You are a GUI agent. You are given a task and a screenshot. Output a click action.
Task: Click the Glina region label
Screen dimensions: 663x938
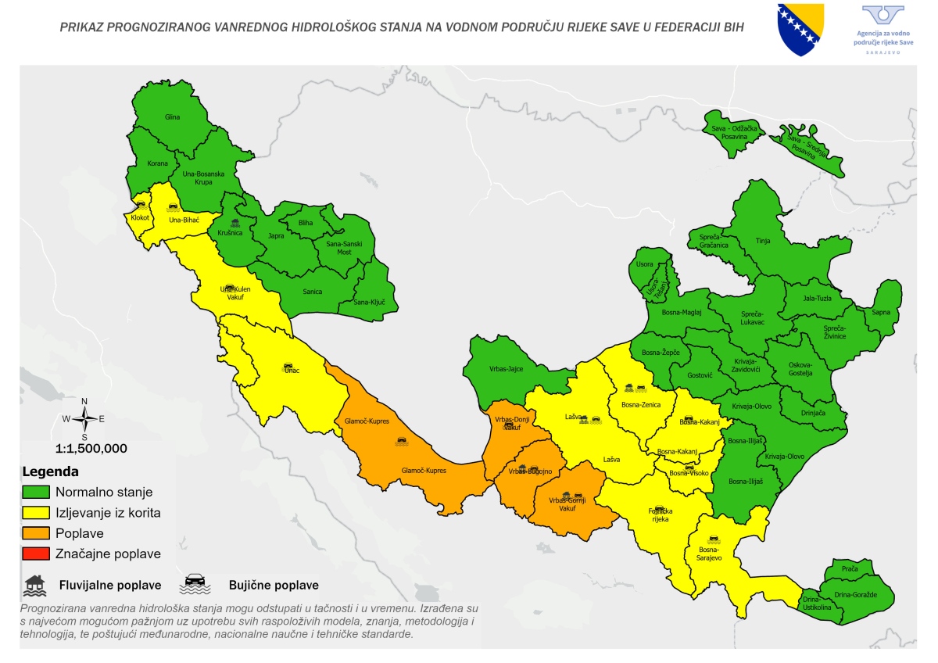(172, 117)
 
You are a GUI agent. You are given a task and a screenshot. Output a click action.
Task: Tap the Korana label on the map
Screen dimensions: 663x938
(157, 164)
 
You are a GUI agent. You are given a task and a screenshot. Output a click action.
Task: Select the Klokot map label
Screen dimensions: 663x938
(140, 217)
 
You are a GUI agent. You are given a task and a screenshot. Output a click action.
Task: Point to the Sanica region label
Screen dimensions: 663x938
(313, 292)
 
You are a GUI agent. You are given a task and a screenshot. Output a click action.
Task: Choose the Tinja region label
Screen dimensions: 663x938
(764, 242)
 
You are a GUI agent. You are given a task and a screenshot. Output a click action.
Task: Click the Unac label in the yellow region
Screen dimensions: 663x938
(292, 371)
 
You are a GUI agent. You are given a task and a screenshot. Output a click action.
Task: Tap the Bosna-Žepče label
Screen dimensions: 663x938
(661, 353)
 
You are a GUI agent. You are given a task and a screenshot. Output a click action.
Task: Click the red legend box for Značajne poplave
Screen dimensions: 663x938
(36, 554)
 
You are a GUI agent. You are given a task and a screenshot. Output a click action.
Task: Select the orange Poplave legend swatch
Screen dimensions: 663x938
(36, 533)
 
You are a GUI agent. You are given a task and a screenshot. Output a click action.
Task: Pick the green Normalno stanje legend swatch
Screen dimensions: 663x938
(36, 493)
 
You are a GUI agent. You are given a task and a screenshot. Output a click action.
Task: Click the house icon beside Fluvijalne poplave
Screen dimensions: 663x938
(34, 583)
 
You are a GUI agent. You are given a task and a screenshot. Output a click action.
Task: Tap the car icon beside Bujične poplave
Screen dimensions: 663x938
(194, 583)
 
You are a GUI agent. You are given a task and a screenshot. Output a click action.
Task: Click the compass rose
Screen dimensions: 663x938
(84, 419)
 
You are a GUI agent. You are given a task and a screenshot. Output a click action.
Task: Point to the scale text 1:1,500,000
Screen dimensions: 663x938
(91, 449)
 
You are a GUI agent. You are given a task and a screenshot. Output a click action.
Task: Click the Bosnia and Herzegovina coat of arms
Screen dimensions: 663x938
(801, 29)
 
